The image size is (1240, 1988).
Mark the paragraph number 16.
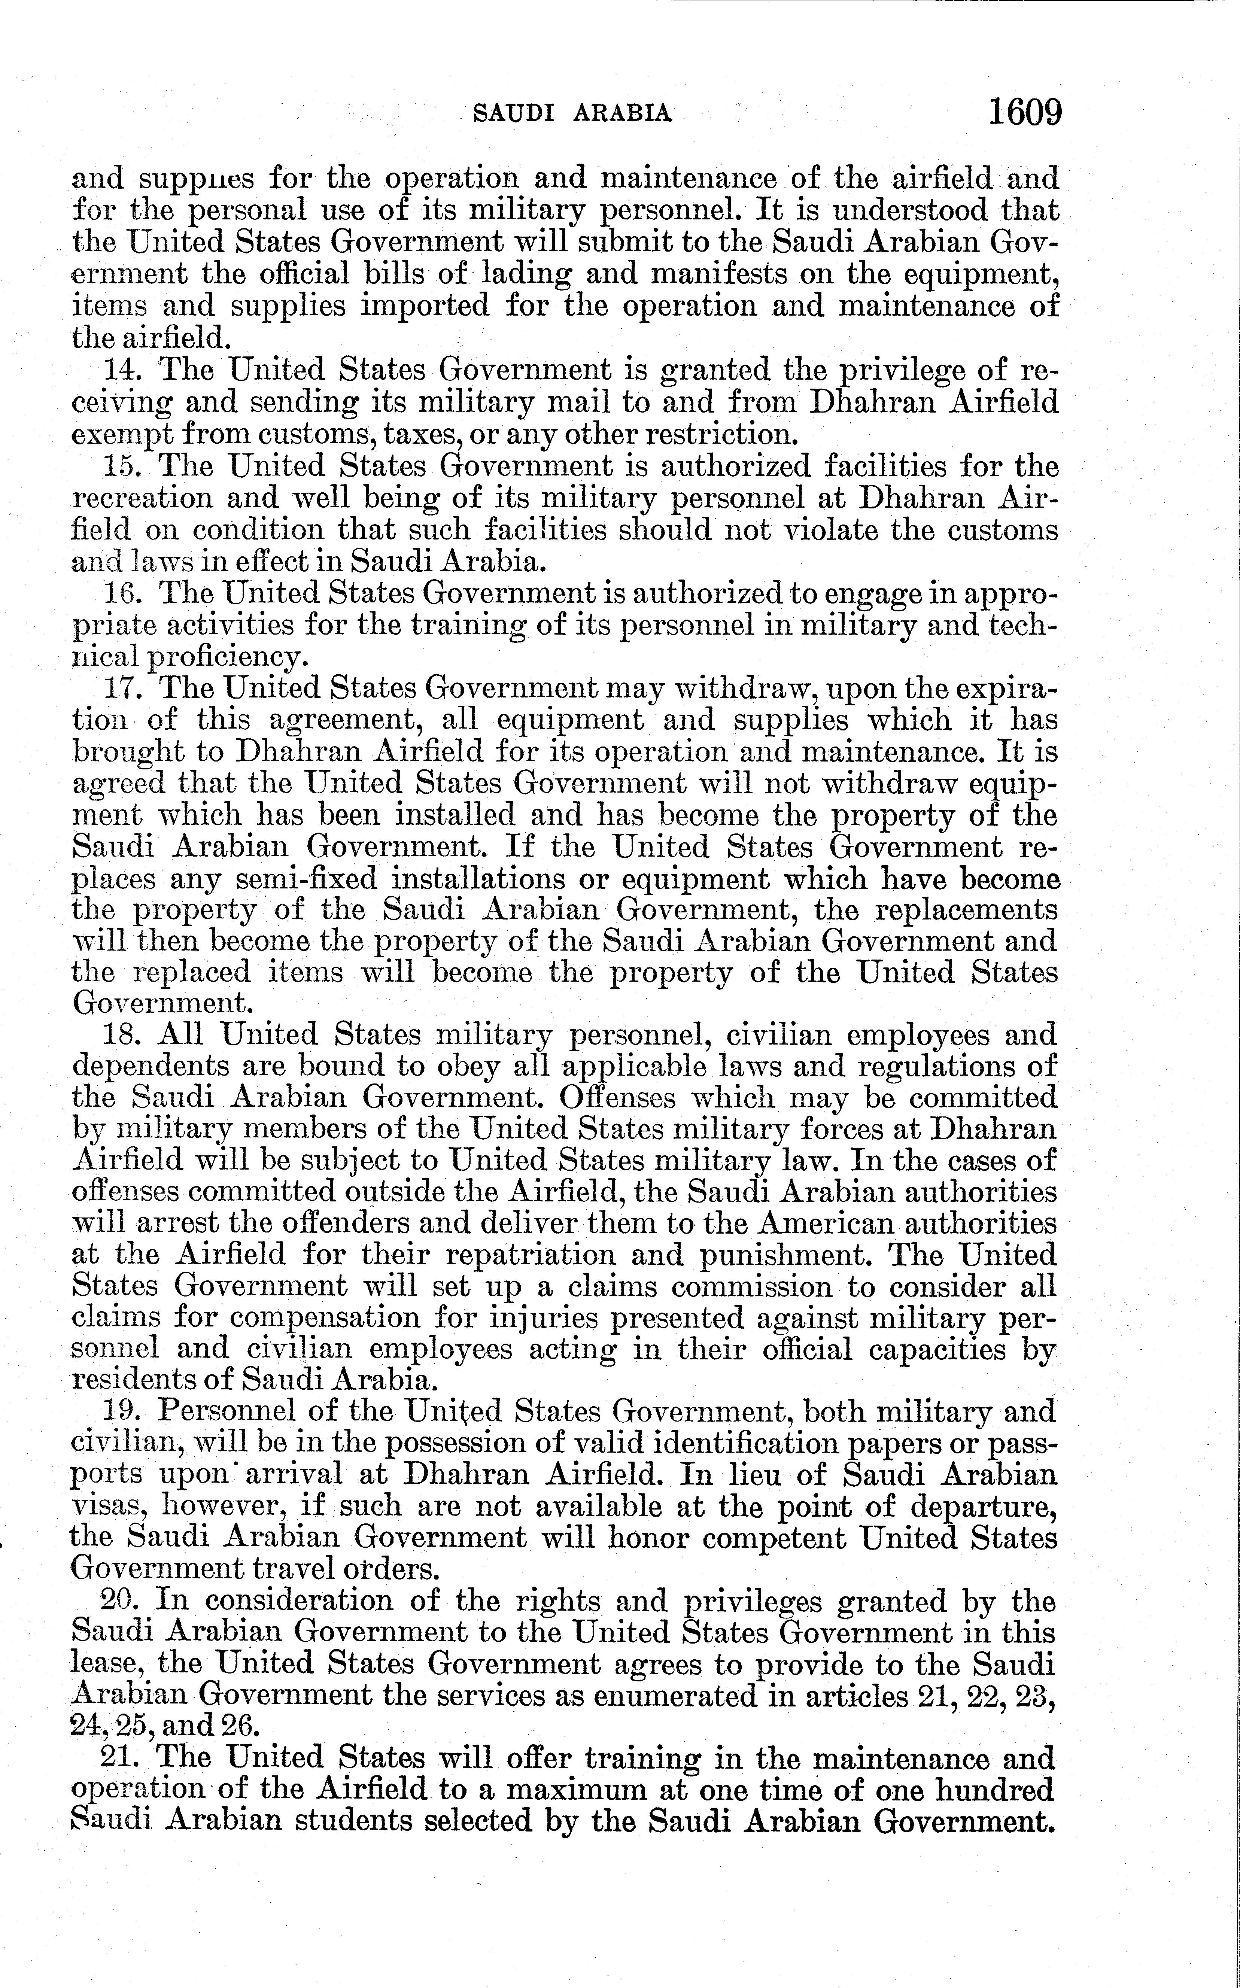click(123, 593)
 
